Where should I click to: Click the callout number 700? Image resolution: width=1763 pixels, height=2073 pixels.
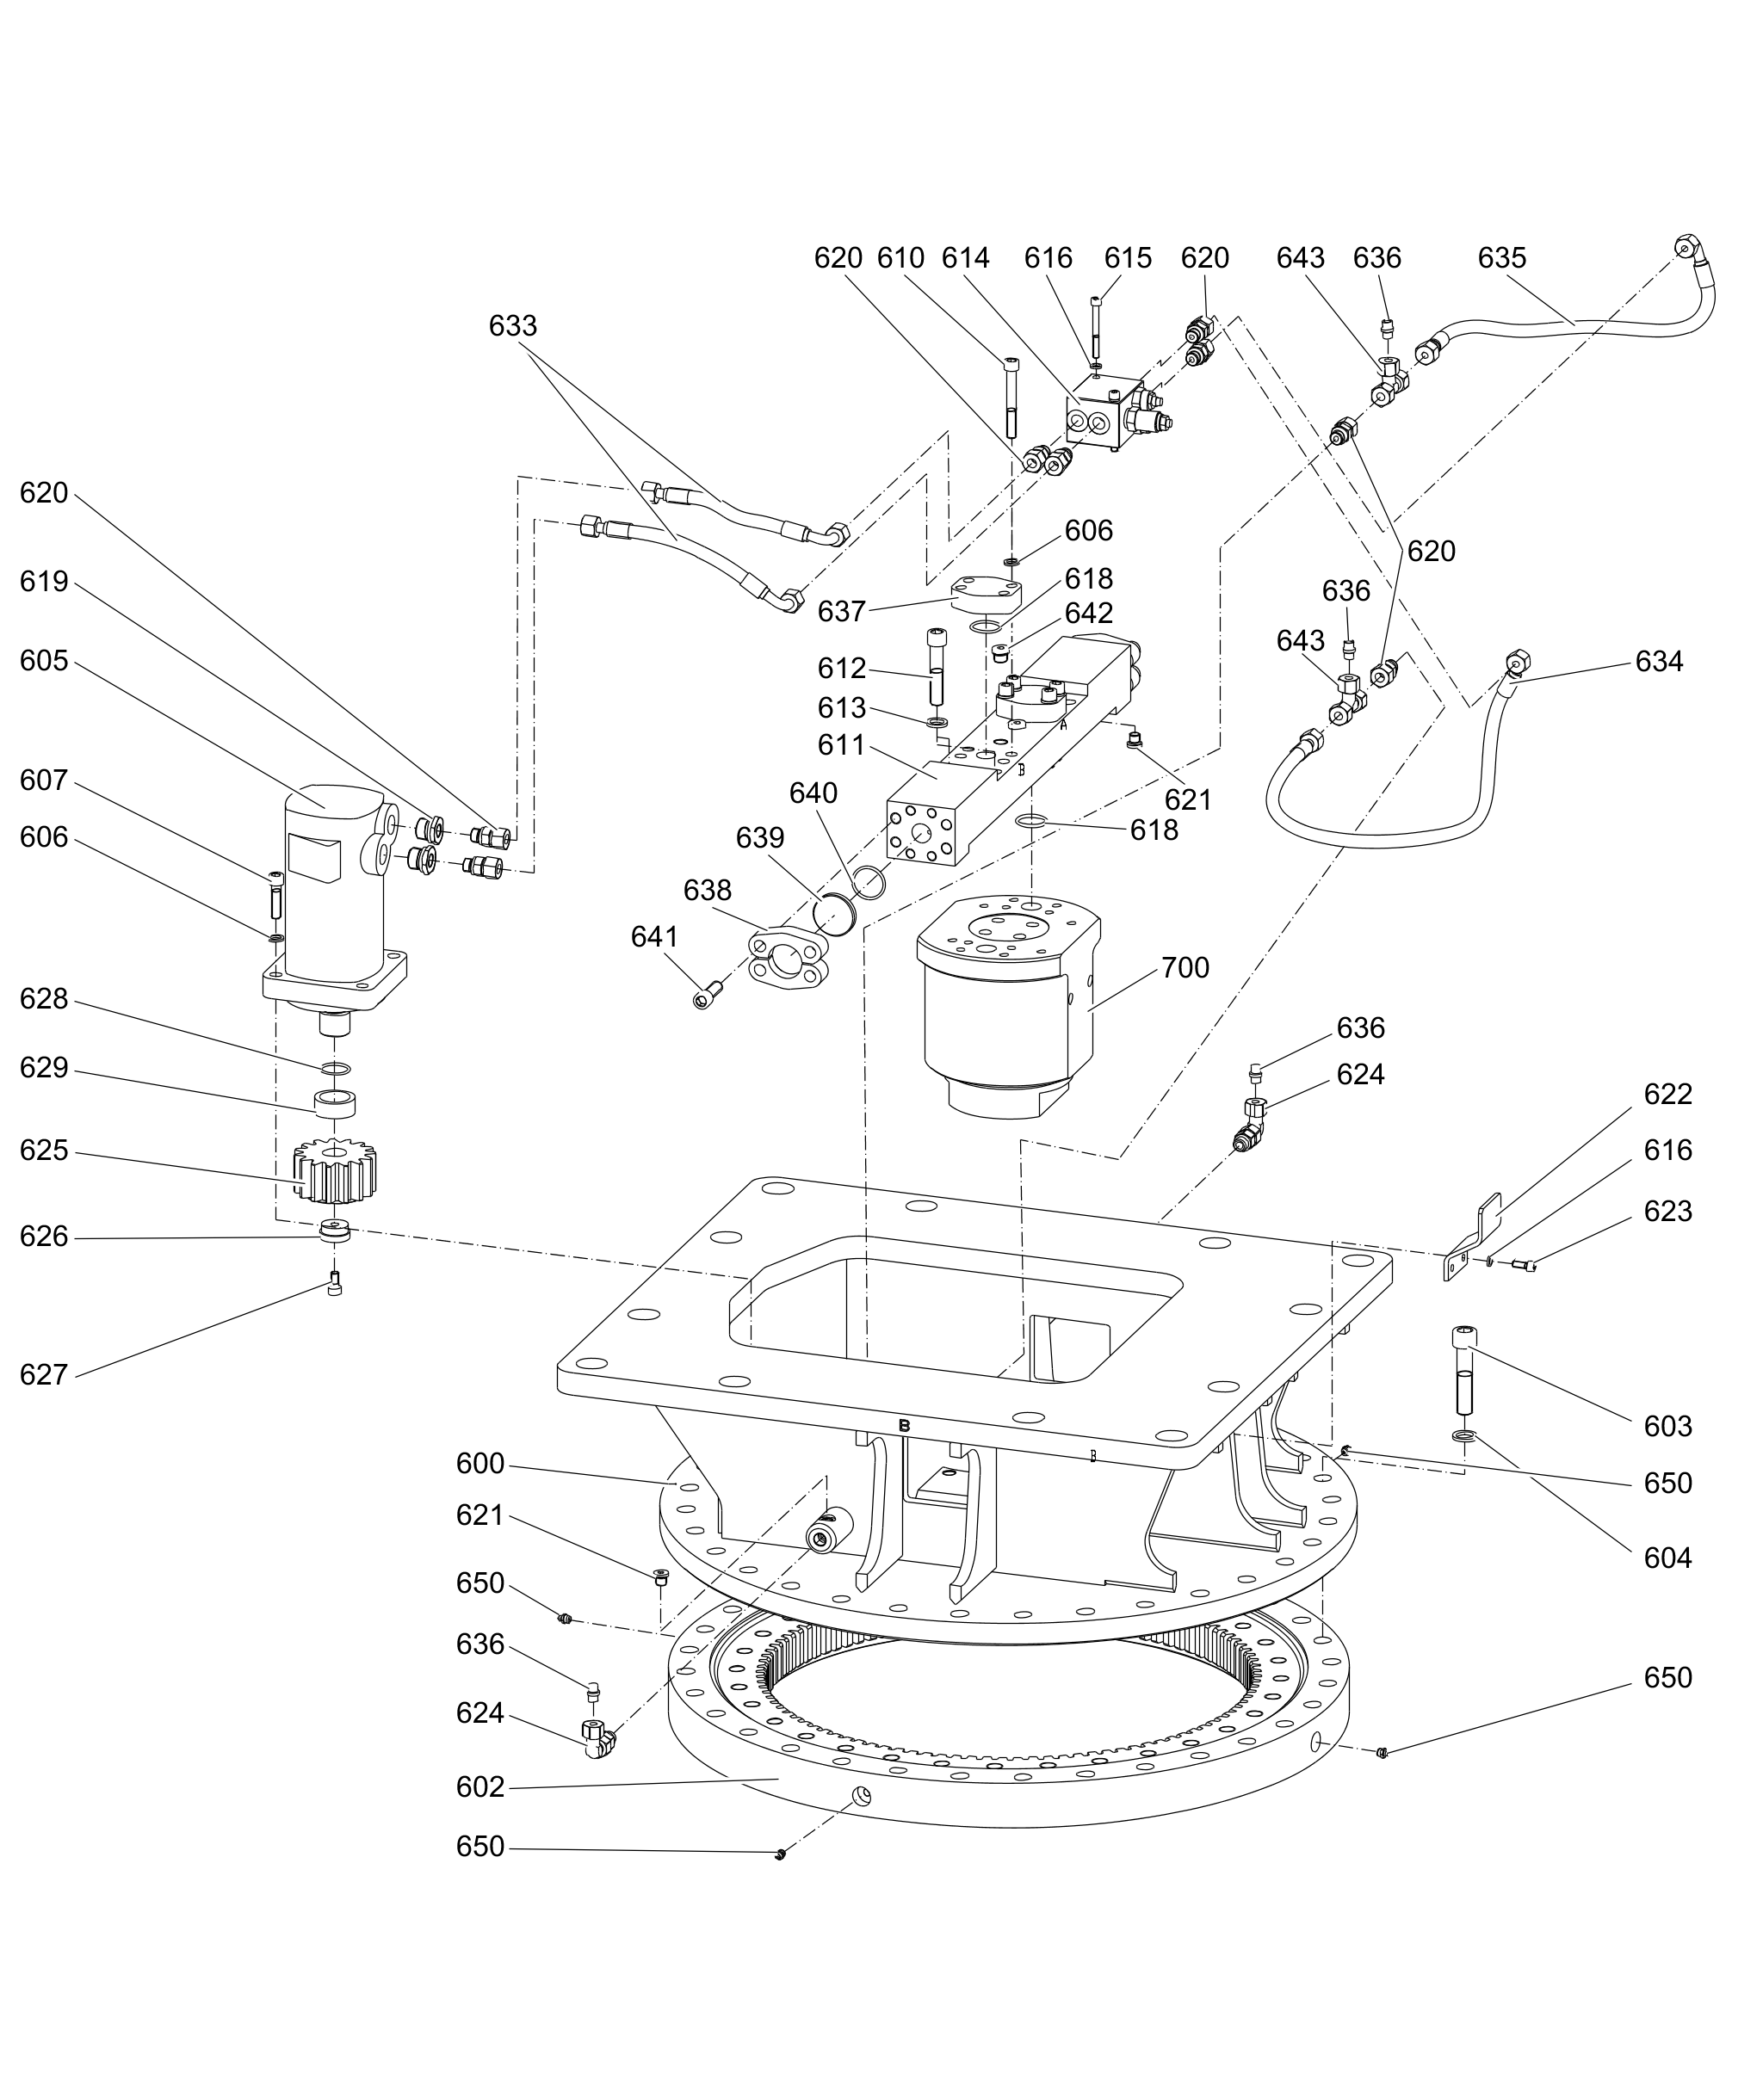1185,967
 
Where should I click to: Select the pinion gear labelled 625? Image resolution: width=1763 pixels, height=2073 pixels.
335,1173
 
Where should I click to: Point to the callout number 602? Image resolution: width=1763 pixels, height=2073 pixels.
479,1786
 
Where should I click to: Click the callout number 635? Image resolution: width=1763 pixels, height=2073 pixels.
1501,258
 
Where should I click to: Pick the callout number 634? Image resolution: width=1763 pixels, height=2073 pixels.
1658,662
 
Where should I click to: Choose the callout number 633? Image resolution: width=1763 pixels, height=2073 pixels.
513,325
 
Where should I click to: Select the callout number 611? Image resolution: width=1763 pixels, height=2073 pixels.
842,744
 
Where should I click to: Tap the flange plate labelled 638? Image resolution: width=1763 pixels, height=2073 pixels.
789,958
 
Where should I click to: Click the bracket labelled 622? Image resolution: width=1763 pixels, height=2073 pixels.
1473,1239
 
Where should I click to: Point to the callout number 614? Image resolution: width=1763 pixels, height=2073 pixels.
966,258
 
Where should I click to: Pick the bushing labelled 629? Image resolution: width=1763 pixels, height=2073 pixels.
335,1104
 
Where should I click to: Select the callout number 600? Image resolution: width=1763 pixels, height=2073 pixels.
479,1464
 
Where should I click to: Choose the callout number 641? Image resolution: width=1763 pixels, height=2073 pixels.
653,936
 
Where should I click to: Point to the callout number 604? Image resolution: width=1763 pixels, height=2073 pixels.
1667,1558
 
